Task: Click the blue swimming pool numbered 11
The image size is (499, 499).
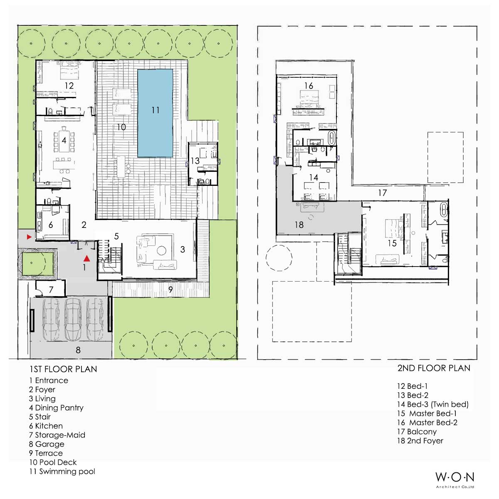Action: coord(155,113)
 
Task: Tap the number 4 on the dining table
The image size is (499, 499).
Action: coord(64,141)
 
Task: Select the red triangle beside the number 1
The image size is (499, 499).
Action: coord(87,258)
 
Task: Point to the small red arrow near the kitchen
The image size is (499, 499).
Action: coord(29,237)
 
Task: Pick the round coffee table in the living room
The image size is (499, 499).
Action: coord(162,251)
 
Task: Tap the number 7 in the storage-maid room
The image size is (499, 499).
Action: coord(51,289)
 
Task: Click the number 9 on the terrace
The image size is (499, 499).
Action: coord(170,289)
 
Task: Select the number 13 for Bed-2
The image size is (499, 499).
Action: coord(195,161)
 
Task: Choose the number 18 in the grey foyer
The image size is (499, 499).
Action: coord(299,225)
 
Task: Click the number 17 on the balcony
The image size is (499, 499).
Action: coord(383,193)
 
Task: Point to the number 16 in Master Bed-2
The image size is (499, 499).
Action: coord(309,86)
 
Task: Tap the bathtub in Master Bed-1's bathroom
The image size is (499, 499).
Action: coord(444,210)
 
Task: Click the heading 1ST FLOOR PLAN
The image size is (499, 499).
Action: coord(63,369)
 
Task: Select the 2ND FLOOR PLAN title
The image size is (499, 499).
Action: coord(434,368)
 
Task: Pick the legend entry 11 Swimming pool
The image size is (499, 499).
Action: coord(62,471)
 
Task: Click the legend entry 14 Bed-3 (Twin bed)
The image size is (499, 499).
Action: coord(433,404)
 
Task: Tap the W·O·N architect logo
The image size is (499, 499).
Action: coord(455,479)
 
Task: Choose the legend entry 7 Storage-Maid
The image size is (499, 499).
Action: coord(57,435)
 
